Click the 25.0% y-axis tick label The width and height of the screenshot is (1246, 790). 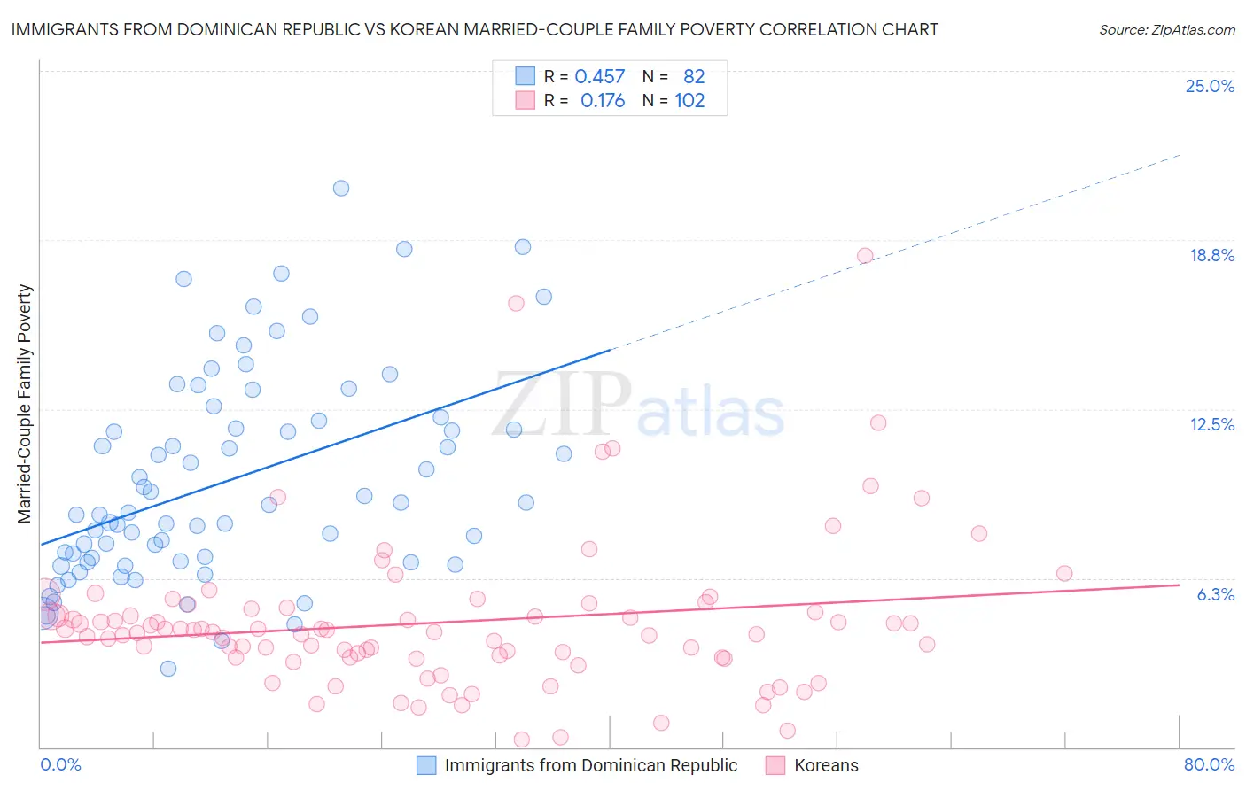point(1210,86)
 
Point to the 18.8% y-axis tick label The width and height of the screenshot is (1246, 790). point(1211,255)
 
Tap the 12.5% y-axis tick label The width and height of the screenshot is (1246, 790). point(1211,424)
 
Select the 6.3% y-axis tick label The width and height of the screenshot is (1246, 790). point(1215,594)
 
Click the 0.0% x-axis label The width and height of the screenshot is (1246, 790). point(60,764)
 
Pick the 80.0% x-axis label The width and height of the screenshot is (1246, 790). point(1209,764)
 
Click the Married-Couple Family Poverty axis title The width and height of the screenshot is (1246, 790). point(25,404)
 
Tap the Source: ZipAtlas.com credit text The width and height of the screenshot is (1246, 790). point(1166,29)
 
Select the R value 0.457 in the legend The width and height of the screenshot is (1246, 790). point(600,76)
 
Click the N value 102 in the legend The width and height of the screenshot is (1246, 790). point(689,101)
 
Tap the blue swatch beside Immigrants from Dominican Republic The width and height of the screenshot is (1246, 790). point(426,765)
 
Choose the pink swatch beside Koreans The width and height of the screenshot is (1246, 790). point(775,765)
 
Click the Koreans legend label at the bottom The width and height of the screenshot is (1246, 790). point(826,765)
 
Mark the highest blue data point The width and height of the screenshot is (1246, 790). point(341,188)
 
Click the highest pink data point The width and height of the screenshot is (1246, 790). point(865,256)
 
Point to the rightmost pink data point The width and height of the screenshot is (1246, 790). point(1064,573)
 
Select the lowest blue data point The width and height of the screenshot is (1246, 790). point(168,669)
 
